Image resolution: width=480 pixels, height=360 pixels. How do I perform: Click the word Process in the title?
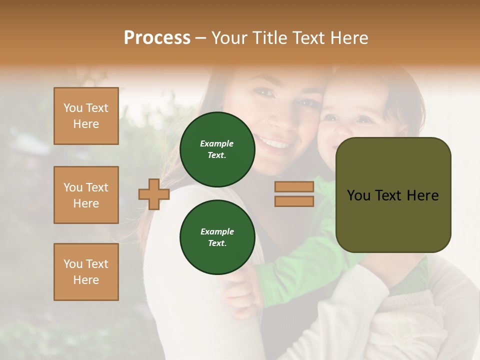click(x=157, y=38)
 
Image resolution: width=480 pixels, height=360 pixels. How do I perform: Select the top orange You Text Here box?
click(x=86, y=116)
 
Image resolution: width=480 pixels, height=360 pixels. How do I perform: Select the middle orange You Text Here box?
click(x=86, y=195)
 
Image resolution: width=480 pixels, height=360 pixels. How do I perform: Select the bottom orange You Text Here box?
click(x=86, y=272)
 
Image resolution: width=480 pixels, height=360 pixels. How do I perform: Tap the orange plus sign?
click(x=154, y=194)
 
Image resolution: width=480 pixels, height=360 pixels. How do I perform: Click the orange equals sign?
click(x=294, y=194)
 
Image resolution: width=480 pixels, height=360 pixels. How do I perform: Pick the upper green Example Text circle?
click(x=217, y=149)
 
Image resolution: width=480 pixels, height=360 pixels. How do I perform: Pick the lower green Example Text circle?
click(x=217, y=237)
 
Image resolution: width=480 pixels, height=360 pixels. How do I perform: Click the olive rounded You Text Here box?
click(x=393, y=195)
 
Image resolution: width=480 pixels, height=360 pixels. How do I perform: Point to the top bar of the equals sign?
click(x=294, y=187)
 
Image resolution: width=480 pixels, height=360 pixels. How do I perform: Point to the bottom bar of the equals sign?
click(x=294, y=201)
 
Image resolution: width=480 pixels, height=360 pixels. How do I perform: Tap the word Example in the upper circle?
click(x=217, y=143)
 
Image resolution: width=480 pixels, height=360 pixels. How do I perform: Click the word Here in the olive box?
click(x=422, y=195)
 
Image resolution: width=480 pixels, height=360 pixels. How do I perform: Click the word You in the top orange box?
click(x=73, y=108)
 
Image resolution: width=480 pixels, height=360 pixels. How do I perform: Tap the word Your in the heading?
click(x=229, y=38)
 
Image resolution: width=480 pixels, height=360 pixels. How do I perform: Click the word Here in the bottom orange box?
click(x=86, y=280)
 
